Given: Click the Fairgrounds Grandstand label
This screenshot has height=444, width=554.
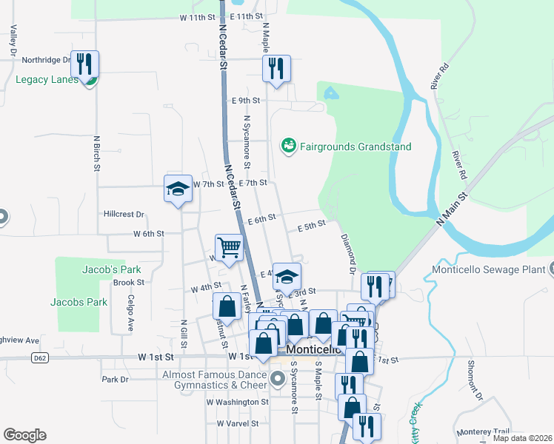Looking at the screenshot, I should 355,147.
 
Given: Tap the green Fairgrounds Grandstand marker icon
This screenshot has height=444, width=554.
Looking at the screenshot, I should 288,146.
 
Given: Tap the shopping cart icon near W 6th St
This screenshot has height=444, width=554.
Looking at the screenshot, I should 229,247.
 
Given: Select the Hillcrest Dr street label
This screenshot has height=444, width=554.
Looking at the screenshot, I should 124,214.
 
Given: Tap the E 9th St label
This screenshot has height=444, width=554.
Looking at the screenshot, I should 246,100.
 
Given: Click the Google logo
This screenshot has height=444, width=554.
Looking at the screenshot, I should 24,435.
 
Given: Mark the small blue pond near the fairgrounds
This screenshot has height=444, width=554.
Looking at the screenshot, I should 330,93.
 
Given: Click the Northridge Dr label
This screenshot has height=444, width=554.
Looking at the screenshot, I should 45,60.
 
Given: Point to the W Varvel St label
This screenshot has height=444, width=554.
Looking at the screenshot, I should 237,424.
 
